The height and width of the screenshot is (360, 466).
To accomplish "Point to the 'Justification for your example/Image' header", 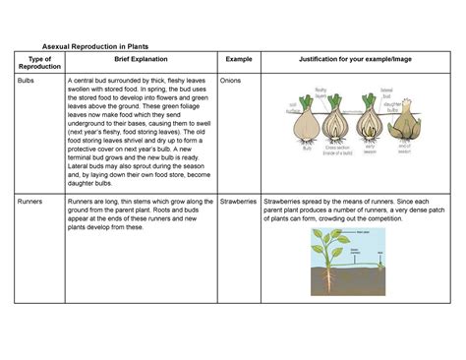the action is pos(355,61).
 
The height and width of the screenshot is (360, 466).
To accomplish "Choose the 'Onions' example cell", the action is pos(232,80).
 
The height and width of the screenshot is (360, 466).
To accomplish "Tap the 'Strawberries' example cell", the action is pos(240,201).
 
